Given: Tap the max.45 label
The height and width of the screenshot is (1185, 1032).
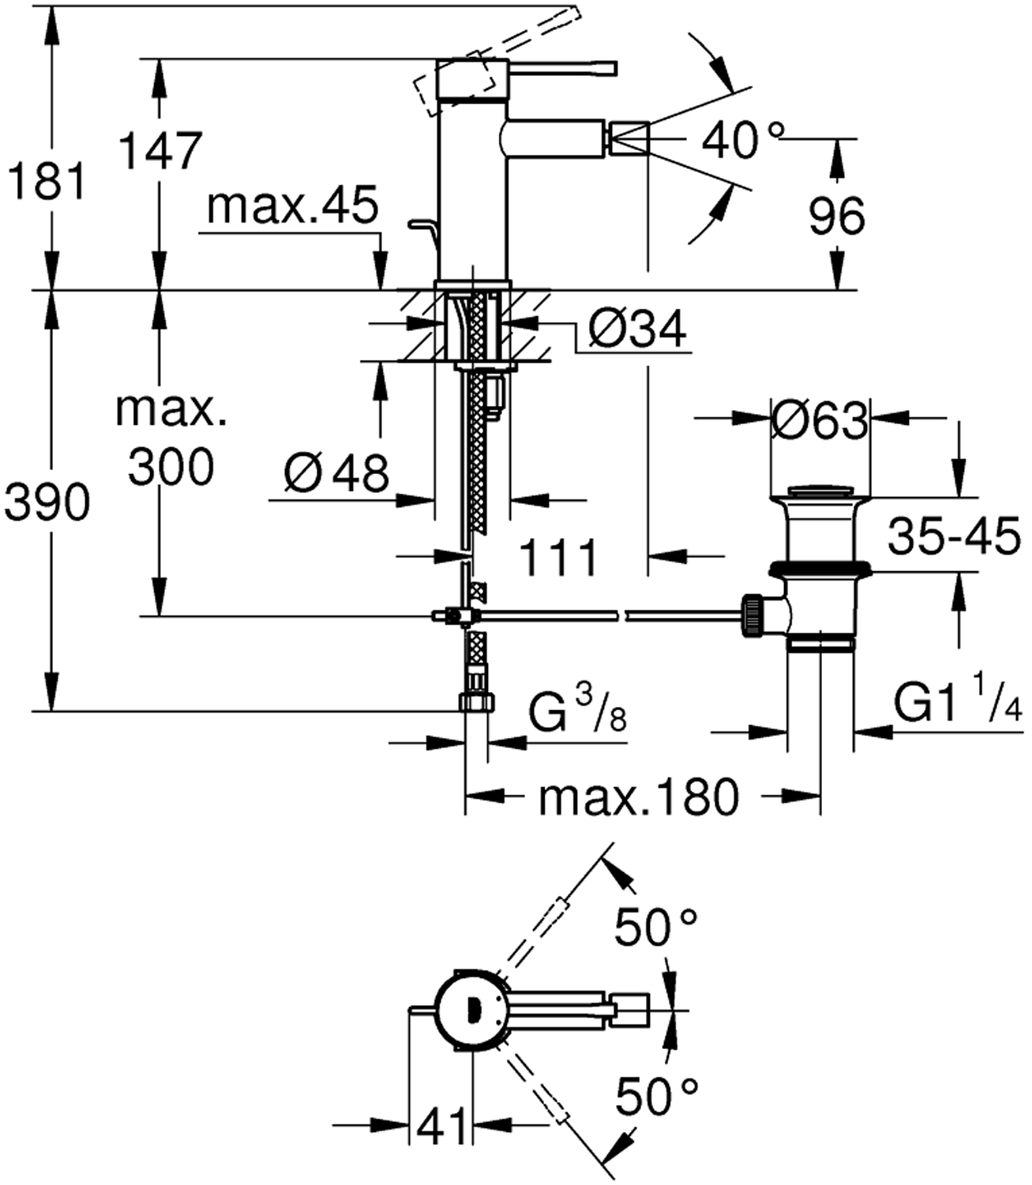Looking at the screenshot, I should coord(292,207).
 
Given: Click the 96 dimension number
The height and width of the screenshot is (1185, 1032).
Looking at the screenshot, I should coord(837,215).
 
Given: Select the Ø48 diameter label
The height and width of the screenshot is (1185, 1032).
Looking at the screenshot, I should coord(337,474).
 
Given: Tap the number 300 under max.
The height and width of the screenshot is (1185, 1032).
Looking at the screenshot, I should coord(171,467).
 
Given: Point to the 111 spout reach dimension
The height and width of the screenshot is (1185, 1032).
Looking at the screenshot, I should coord(559,558).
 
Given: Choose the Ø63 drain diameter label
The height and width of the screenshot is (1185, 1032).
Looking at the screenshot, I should coord(820,421).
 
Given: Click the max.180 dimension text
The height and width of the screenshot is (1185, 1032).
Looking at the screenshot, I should coord(639,798).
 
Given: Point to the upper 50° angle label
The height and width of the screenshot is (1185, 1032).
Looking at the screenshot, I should coord(656,927).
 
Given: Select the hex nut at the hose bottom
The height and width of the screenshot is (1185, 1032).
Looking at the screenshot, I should coord(476,702).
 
